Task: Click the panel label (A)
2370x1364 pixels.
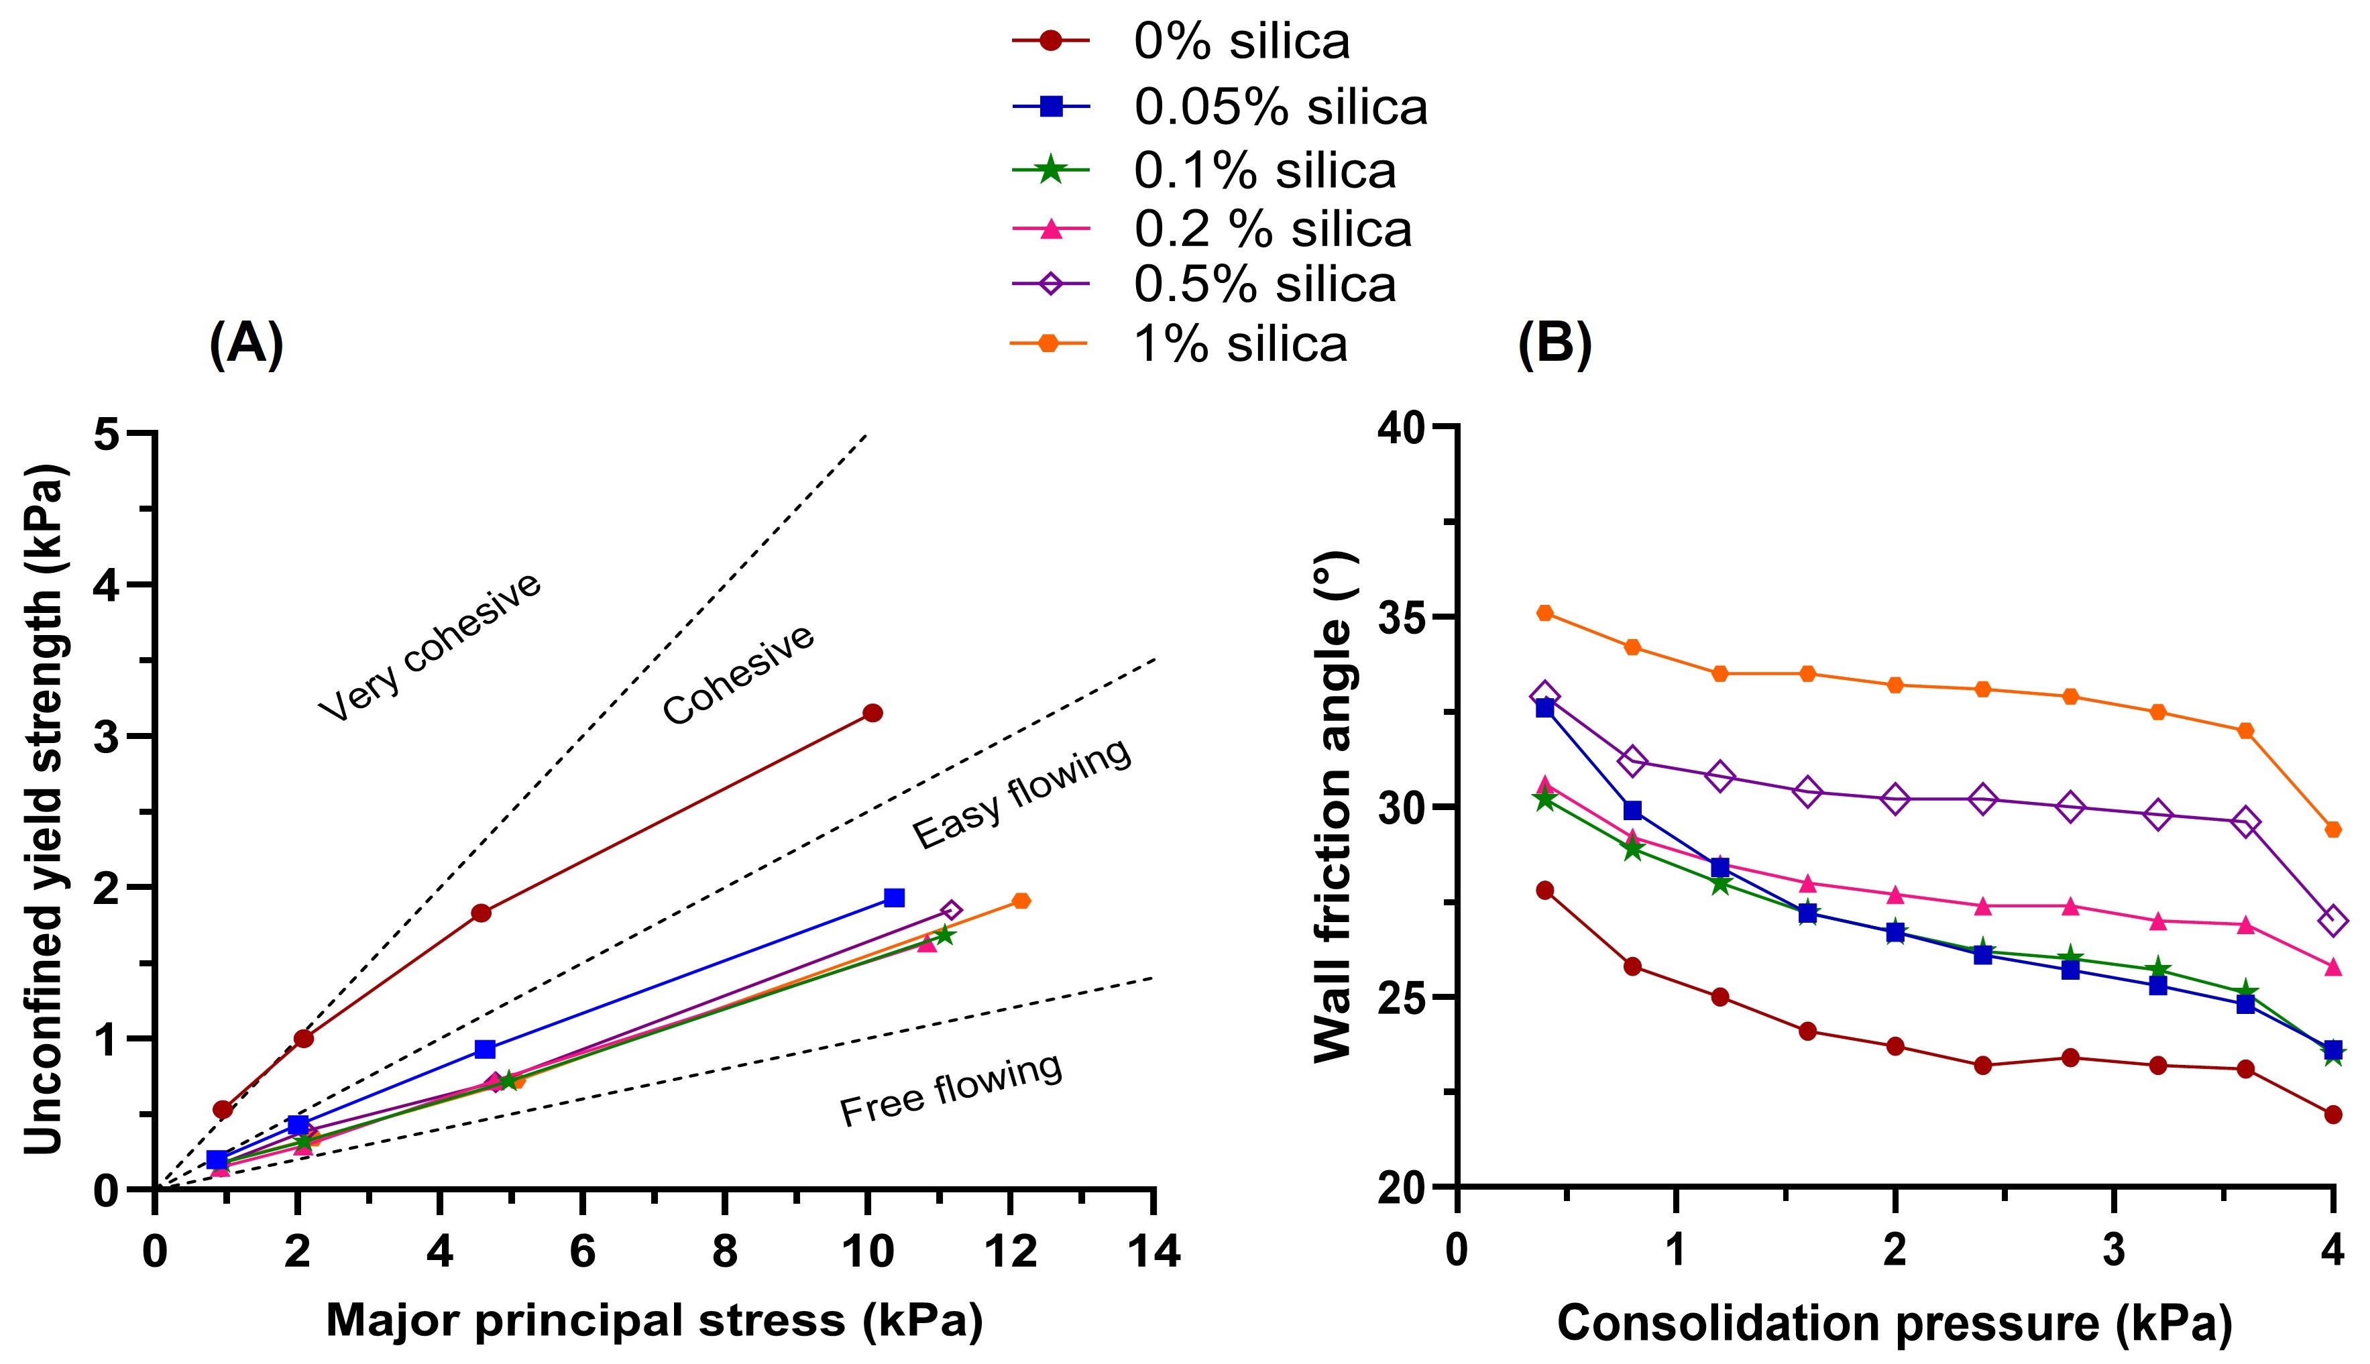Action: [245, 344]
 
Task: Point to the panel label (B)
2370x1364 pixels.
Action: [1554, 344]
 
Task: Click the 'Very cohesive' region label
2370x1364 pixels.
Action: [430, 648]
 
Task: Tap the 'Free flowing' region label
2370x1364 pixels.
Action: [951, 1091]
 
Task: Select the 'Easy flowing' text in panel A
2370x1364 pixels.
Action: [1022, 795]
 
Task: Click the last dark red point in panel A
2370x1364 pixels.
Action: [872, 713]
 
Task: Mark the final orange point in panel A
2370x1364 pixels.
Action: [1021, 901]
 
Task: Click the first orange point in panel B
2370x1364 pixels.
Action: [1544, 613]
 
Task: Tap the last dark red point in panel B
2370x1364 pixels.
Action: [2332, 1115]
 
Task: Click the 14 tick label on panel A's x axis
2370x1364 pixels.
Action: [1154, 1253]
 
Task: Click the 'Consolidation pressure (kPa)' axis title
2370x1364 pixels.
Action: [1894, 1323]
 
